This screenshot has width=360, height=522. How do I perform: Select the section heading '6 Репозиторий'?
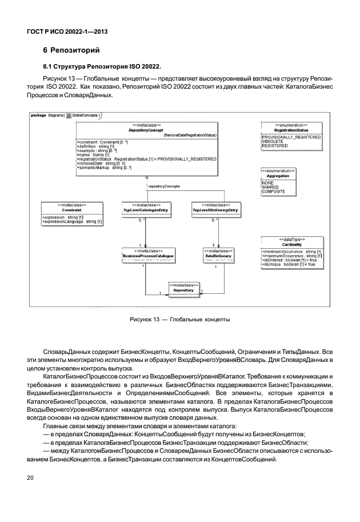click(71, 51)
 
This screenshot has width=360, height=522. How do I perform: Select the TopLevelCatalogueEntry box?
click(146, 210)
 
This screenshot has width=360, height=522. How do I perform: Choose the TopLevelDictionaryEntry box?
click(214, 210)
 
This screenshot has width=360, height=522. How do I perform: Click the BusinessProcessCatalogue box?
click(148, 256)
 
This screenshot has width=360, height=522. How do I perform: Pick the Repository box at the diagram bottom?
click(183, 290)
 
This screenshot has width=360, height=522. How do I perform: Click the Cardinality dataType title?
click(291, 244)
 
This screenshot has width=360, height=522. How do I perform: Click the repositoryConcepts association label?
click(164, 186)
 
